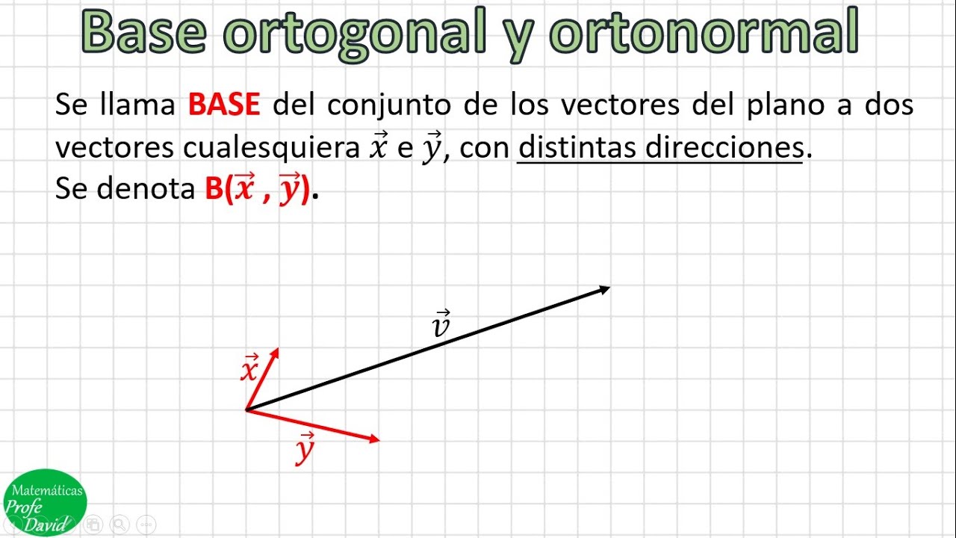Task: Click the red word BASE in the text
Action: click(224, 105)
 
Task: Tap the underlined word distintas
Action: click(577, 148)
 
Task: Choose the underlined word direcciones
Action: click(723, 148)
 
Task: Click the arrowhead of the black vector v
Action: click(605, 288)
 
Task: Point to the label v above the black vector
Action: click(441, 324)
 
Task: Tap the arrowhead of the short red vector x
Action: click(275, 352)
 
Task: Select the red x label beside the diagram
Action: click(249, 368)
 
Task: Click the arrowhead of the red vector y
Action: click(374, 439)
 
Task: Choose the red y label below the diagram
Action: click(304, 449)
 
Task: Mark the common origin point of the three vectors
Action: click(246, 409)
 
